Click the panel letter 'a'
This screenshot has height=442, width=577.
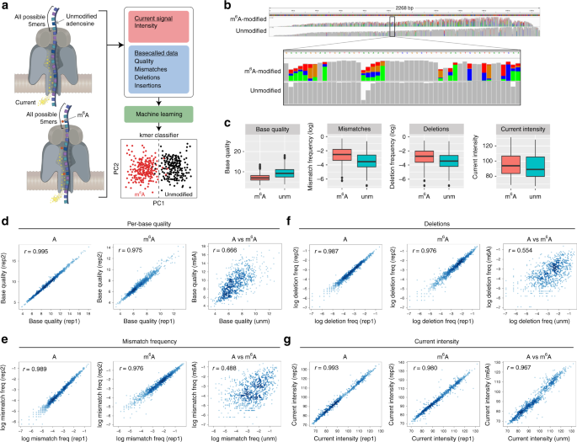coord(5,7)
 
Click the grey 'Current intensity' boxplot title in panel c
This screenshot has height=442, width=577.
coord(507,131)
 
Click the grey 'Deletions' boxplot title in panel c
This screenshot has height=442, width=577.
coord(430,131)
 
